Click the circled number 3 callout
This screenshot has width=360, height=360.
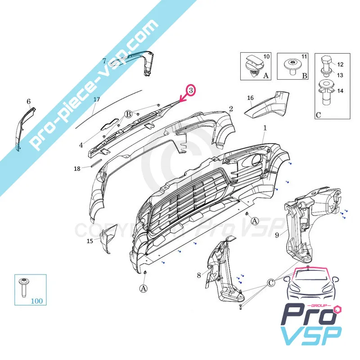(x=191, y=91)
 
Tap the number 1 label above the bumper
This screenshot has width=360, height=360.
(x=265, y=128)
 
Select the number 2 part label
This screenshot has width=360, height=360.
(x=231, y=109)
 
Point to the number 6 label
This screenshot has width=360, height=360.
(x=28, y=101)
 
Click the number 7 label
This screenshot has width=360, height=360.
(x=104, y=61)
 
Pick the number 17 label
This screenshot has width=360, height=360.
(x=96, y=99)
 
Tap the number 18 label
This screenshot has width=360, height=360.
(x=77, y=169)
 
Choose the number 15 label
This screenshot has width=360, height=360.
(x=90, y=242)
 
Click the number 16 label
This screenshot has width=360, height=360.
(x=250, y=98)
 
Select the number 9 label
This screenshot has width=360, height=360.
(x=277, y=234)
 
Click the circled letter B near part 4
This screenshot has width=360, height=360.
(x=128, y=114)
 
